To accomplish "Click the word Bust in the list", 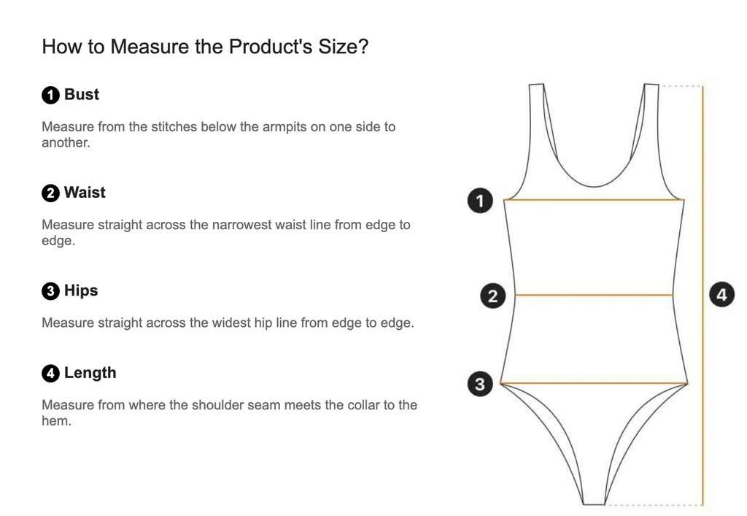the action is click(82, 94).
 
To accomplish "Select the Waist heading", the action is click(85, 193).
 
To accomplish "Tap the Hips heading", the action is click(81, 290).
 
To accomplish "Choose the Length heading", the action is click(90, 373).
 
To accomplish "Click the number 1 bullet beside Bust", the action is click(50, 95).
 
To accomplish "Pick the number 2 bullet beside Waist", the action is click(50, 193).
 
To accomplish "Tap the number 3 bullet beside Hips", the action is click(50, 290).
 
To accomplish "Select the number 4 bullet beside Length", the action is click(50, 373).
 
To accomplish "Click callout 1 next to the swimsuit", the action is click(480, 201).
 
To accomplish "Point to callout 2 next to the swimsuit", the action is click(492, 296).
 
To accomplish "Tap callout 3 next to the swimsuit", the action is click(480, 384).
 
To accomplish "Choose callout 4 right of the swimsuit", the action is click(721, 294).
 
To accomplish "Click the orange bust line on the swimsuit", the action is click(594, 200).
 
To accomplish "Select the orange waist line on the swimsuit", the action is click(594, 296).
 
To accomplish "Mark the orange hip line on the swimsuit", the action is click(594, 383).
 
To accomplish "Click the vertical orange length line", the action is click(703, 295).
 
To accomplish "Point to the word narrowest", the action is click(242, 224).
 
